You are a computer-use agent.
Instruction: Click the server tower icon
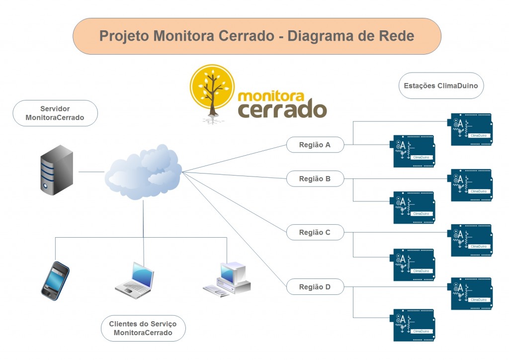coord(56,170)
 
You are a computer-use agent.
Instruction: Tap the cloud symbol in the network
coord(143,172)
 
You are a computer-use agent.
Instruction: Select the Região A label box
coord(315,145)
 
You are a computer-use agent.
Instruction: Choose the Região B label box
coord(315,179)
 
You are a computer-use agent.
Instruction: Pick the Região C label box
coord(315,232)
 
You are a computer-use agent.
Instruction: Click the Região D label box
coord(315,287)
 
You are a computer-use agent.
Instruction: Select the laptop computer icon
coord(134,280)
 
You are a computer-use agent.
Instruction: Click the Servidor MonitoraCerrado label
coord(55,113)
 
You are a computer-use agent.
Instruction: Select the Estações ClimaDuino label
coord(440,86)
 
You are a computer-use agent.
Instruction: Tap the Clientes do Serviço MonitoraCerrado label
coord(143,328)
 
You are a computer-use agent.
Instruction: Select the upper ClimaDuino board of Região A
coord(471,129)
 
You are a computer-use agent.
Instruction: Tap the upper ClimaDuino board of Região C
coord(471,240)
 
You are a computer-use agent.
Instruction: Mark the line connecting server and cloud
coord(91,172)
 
